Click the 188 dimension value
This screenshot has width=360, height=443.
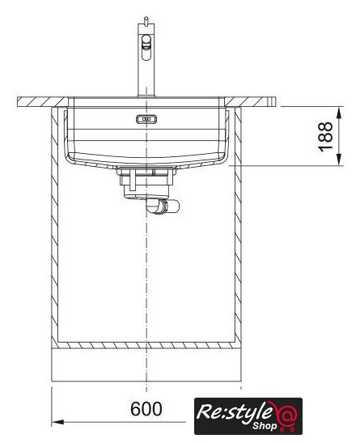pos(325,136)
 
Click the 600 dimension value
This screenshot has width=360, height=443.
pos(146,408)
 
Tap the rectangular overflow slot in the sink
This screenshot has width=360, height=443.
pos(146,119)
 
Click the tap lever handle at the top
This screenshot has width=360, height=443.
pos(146,47)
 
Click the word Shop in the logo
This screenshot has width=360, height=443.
pos(265,425)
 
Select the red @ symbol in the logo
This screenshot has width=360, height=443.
pos(285,412)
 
